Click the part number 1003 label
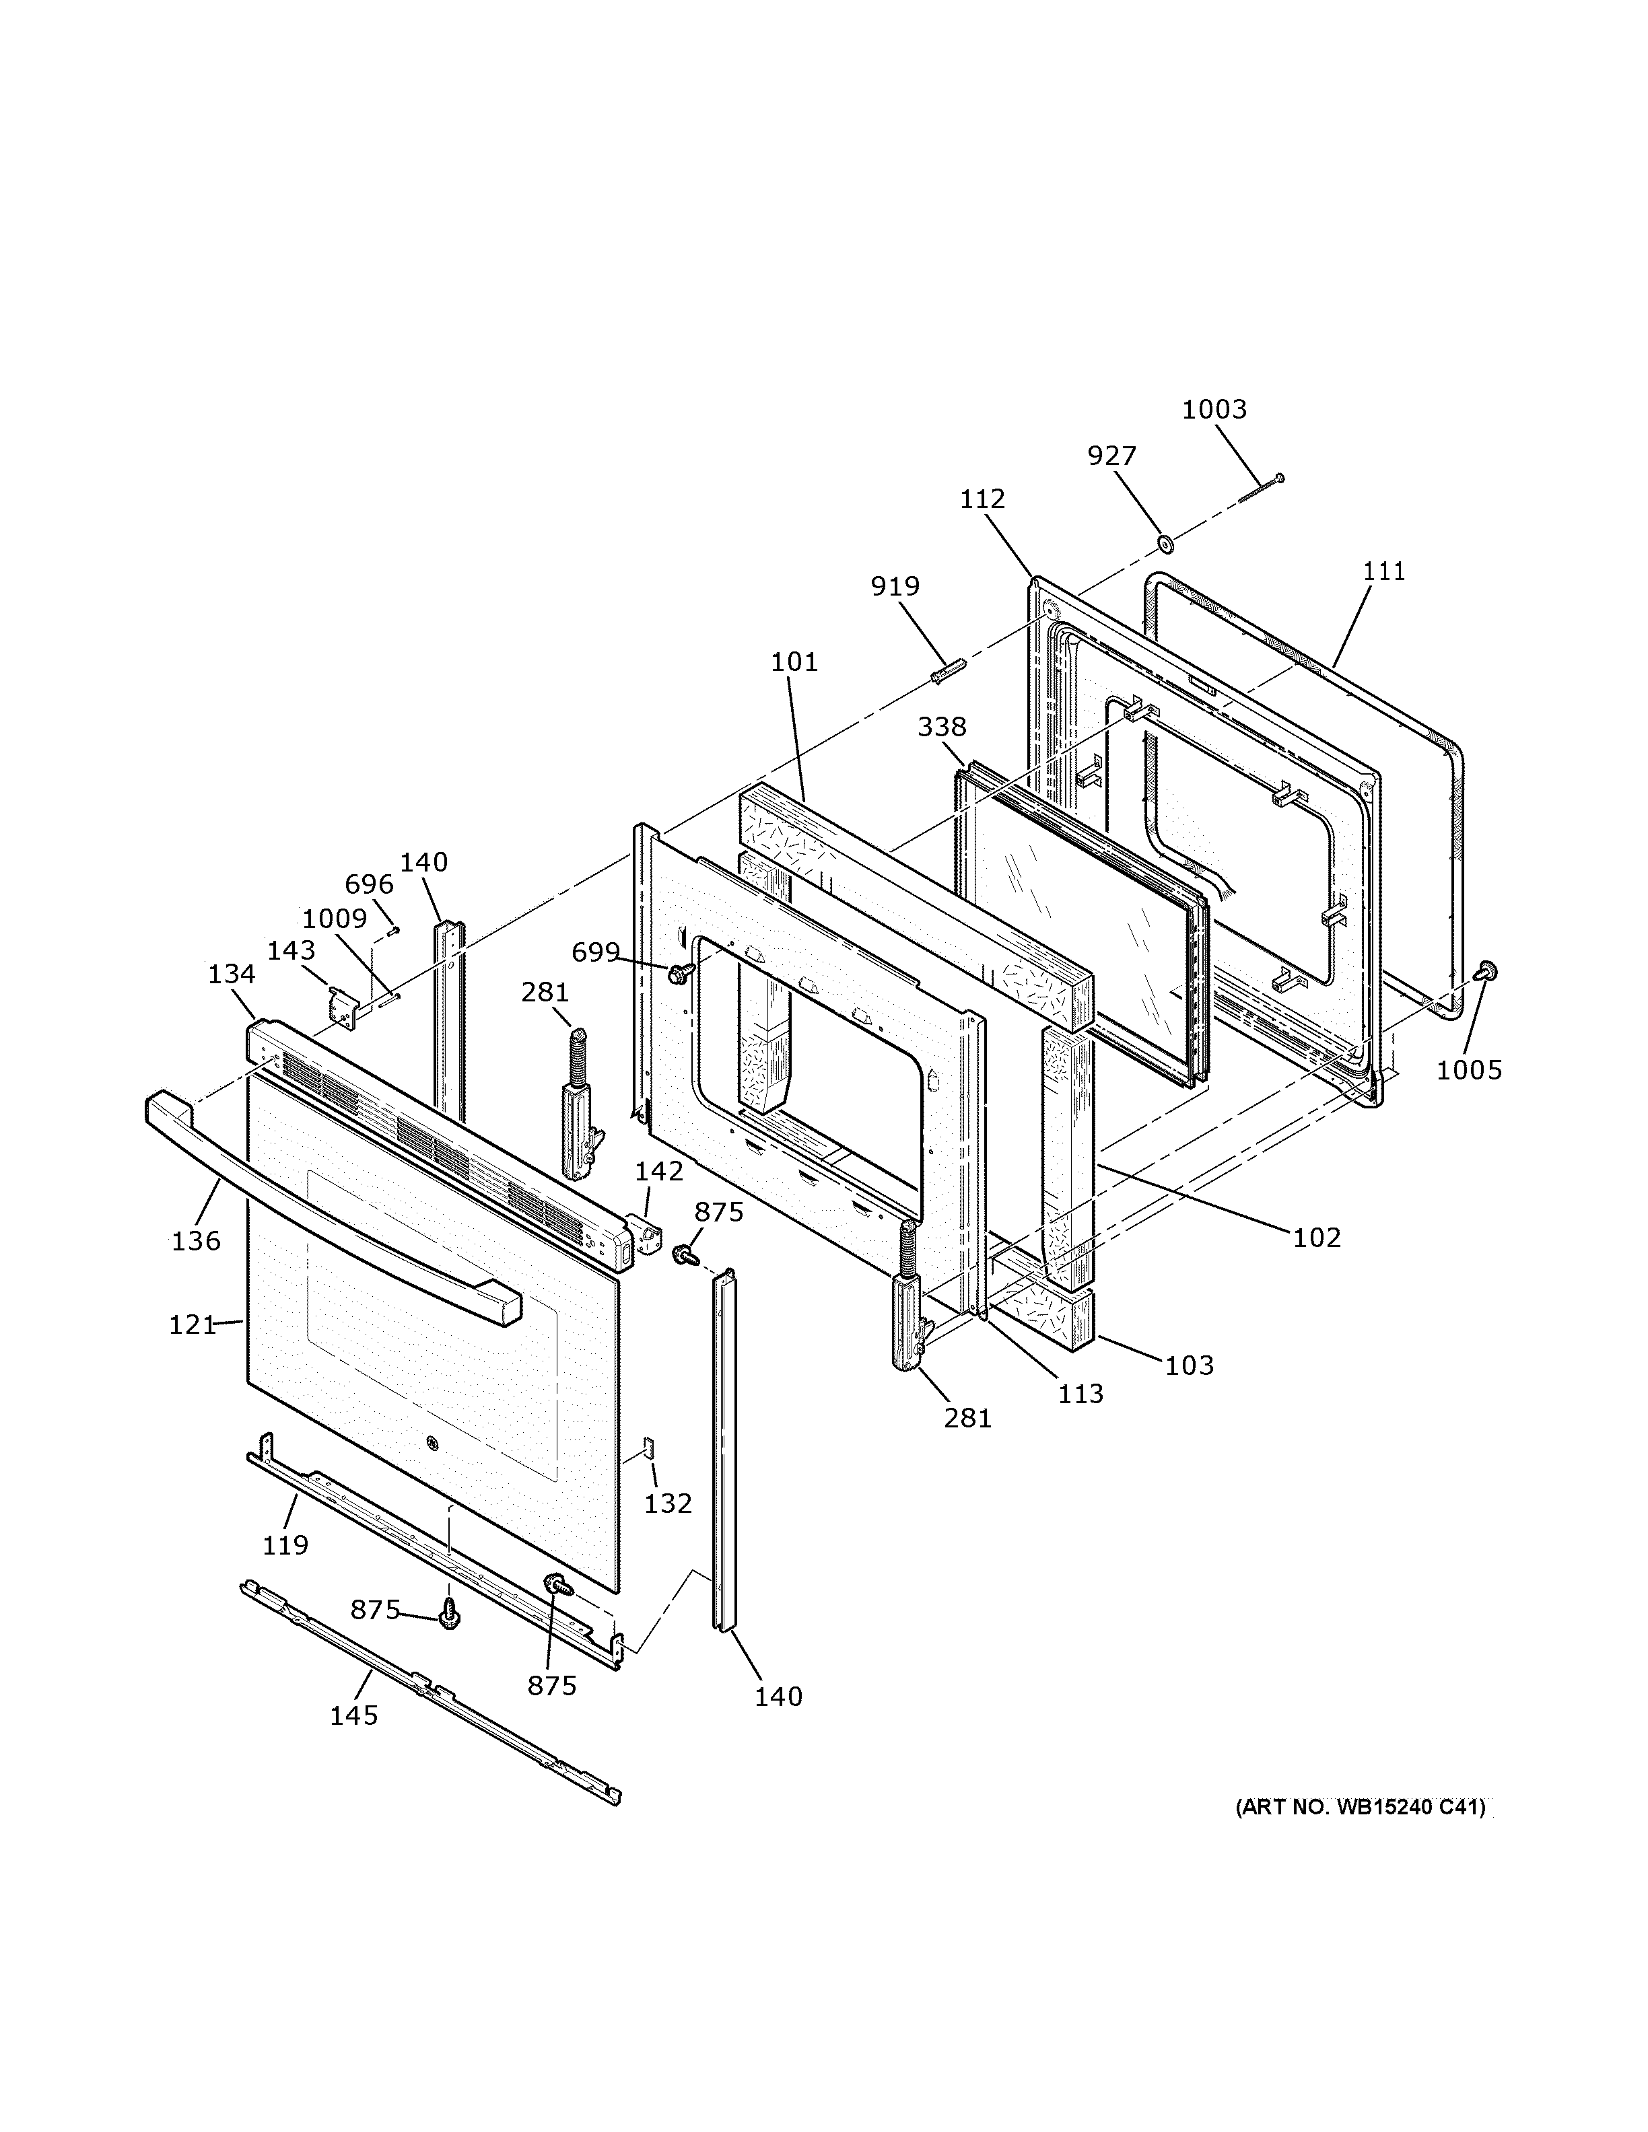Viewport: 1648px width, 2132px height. pos(1214,409)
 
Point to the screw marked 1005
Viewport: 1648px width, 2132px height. pos(1488,970)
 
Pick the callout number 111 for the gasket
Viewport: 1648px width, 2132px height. pos(1383,571)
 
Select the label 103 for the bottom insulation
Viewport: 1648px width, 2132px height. pos(1189,1365)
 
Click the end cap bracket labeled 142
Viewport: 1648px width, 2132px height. pos(646,1239)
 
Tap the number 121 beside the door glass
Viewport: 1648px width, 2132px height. pos(191,1324)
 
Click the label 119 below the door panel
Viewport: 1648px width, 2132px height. pos(285,1544)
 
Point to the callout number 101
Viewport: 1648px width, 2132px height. pos(794,662)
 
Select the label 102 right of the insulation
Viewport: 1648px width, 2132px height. pos(1317,1238)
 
